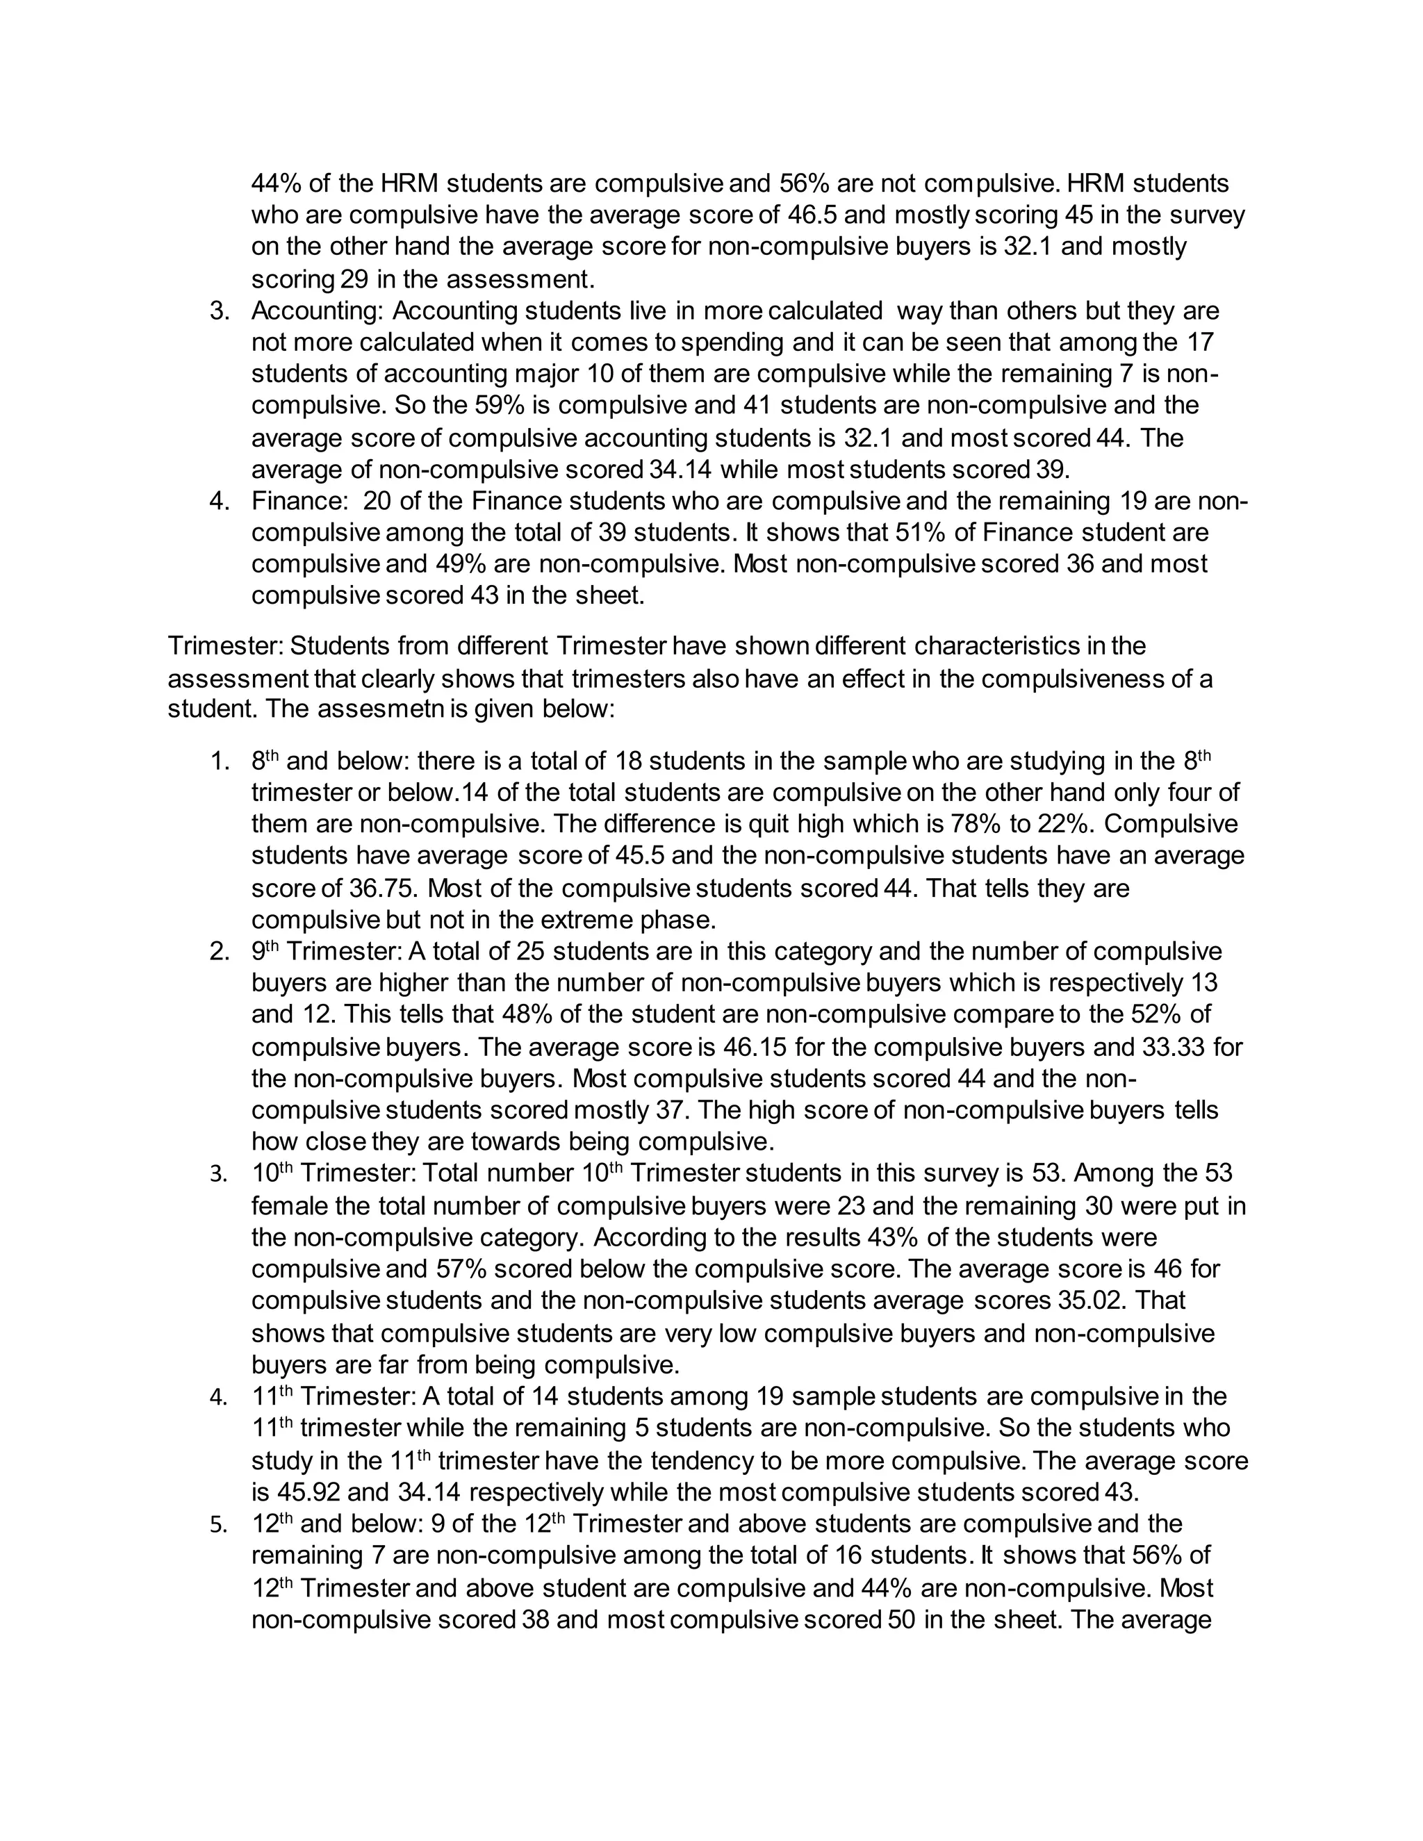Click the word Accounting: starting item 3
[317, 311]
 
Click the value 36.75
[379, 889]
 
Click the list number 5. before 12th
[217, 1525]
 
